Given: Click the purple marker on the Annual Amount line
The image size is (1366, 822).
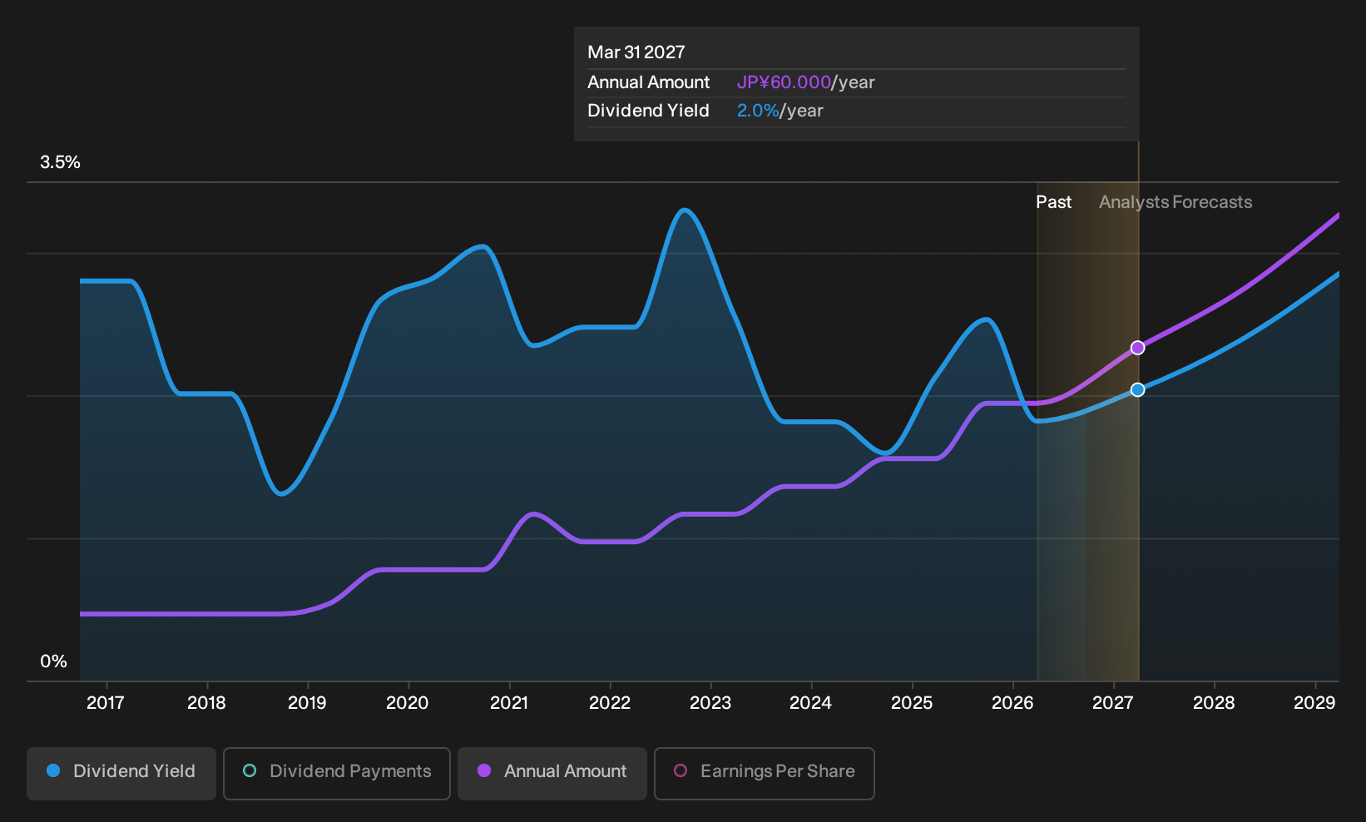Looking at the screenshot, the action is click(x=1137, y=348).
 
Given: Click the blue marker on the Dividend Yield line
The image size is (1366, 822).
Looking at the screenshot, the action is click(x=1137, y=389).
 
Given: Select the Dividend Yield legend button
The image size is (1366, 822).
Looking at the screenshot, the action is click(x=121, y=773).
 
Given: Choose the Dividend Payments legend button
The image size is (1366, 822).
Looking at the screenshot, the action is click(x=337, y=773).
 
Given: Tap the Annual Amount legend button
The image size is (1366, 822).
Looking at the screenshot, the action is click(x=552, y=773).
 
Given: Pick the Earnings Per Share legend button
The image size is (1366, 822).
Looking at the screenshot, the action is click(x=764, y=773).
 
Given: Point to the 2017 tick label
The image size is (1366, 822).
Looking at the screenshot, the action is click(x=106, y=703).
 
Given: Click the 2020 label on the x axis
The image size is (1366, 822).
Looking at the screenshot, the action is click(x=408, y=703).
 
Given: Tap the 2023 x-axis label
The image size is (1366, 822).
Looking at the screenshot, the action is click(x=710, y=703).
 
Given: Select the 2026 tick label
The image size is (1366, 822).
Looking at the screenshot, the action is click(x=1012, y=703).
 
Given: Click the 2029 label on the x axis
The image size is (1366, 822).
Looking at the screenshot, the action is click(x=1314, y=703).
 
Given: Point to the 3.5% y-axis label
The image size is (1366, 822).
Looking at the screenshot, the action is click(x=60, y=162).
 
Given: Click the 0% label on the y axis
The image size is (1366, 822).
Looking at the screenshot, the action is click(x=54, y=661).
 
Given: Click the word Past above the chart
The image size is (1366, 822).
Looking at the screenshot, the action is click(x=1054, y=202).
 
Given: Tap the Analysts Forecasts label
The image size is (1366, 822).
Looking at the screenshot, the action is click(x=1175, y=202).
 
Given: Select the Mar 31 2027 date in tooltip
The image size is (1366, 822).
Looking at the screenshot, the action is click(x=636, y=52).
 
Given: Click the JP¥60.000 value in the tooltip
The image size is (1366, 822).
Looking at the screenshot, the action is click(x=784, y=82).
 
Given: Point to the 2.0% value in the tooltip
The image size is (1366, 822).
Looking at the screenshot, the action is click(x=758, y=111).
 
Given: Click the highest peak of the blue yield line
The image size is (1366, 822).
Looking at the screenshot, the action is click(x=685, y=210).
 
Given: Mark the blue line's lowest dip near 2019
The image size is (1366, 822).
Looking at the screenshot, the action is click(x=280, y=493).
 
